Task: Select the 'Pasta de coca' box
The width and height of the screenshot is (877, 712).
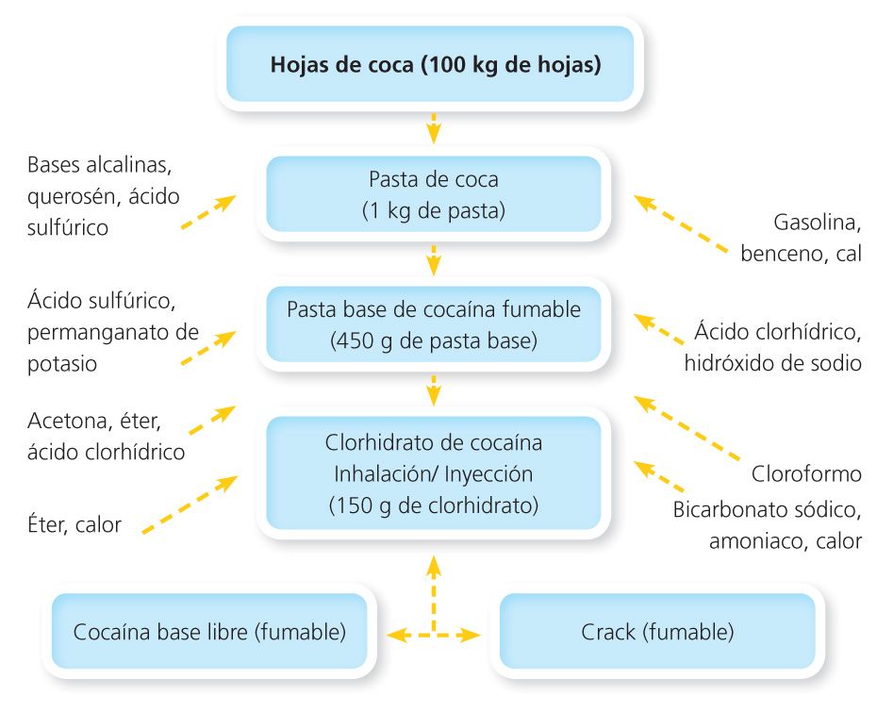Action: pyautogui.click(x=434, y=194)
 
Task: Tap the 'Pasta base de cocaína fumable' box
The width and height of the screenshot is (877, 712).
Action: pyautogui.click(x=434, y=324)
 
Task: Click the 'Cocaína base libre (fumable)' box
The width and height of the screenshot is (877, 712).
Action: pyautogui.click(x=208, y=631)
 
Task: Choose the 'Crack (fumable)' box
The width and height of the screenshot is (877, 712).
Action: pyautogui.click(x=657, y=631)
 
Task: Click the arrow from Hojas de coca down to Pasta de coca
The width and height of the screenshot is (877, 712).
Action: pyautogui.click(x=434, y=126)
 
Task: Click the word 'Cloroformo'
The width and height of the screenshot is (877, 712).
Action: pyautogui.click(x=806, y=472)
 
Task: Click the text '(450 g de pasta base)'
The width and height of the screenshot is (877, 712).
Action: pyautogui.click(x=434, y=340)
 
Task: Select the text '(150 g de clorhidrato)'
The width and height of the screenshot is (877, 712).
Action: pyautogui.click(x=434, y=505)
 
